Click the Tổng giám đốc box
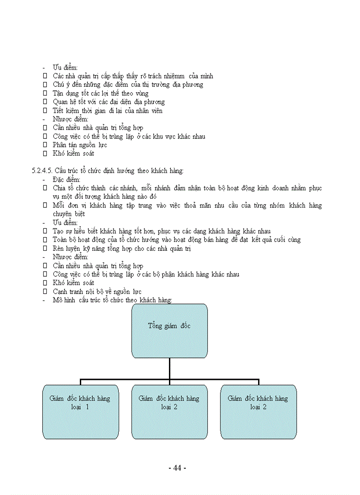[169, 330]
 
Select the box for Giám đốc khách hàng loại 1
[80, 412]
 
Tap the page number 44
[177, 468]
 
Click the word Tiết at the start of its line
[59, 111]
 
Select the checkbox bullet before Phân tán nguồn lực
[45, 145]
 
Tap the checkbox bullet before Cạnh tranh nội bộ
[45, 292]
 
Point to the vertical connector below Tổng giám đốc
[169, 368]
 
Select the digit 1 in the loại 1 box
[87, 407]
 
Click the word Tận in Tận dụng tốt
[59, 93]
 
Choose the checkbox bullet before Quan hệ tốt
[45, 102]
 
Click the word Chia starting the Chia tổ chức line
[60, 188]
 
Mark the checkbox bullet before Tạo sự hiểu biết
[45, 231]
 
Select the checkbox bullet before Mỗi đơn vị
[45, 205]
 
